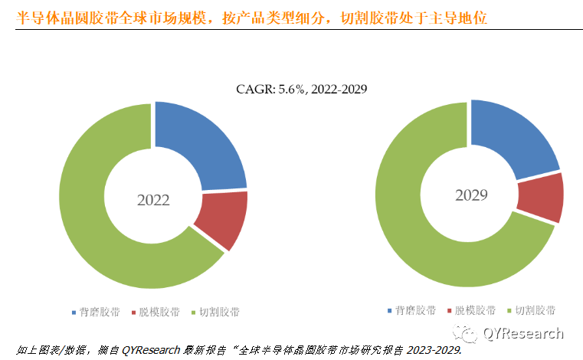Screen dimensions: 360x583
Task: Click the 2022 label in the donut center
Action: click(x=153, y=201)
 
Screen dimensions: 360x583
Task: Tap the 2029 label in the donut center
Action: click(x=470, y=195)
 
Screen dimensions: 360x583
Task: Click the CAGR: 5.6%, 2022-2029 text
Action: click(x=302, y=90)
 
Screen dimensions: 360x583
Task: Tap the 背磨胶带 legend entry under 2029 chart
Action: click(x=416, y=310)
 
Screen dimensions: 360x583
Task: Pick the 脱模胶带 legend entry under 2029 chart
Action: click(x=476, y=310)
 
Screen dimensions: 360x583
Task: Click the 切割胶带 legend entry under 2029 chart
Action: click(x=536, y=310)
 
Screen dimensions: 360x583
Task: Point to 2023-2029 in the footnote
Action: click(x=433, y=350)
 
